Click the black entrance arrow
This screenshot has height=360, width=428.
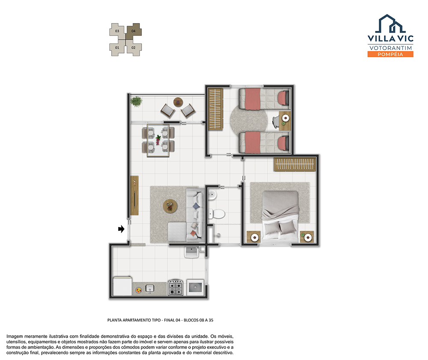(121, 229)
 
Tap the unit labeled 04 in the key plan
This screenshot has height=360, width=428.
(134, 31)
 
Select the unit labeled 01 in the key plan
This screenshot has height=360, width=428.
(117, 48)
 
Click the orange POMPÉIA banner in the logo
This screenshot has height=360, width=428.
(390, 54)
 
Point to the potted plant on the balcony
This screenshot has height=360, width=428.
(136, 101)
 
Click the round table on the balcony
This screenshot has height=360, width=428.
(178, 102)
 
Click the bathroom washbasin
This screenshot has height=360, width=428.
(212, 195)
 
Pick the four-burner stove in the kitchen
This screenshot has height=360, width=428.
(175, 288)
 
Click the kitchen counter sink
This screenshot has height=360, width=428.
(149, 288)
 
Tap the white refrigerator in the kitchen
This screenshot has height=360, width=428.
(122, 286)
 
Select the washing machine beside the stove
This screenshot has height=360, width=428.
(196, 287)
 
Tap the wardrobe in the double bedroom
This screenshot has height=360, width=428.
(295, 165)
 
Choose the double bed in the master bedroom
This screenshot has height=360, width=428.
(280, 216)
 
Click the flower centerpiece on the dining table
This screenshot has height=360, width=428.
(158, 140)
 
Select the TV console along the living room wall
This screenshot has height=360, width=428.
(134, 195)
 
